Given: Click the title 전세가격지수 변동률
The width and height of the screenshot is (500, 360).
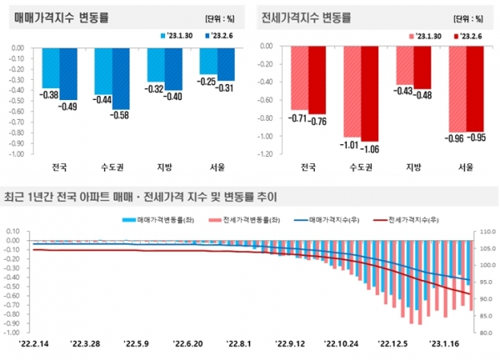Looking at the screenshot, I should [305, 17].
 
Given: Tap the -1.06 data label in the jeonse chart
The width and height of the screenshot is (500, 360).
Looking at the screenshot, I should [370, 148].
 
